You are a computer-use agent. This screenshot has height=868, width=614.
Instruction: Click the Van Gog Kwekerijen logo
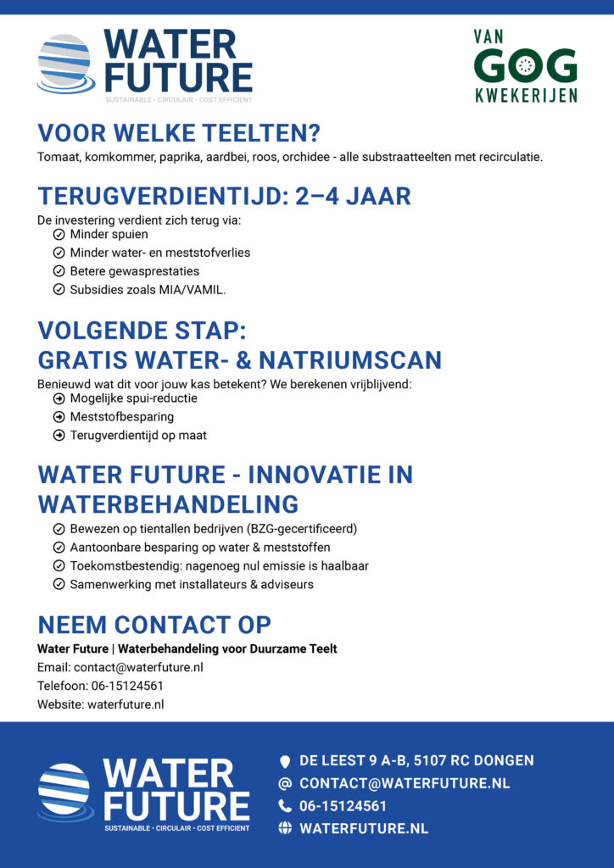pyautogui.click(x=525, y=66)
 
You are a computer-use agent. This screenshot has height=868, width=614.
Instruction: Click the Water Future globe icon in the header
pyautogui.click(x=64, y=63)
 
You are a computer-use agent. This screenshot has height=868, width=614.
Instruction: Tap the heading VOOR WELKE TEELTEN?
pyautogui.click(x=178, y=134)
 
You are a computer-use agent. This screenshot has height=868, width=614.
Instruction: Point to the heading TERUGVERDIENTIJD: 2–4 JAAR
pyautogui.click(x=224, y=197)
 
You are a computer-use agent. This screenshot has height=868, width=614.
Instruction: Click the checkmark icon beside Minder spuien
pyautogui.click(x=59, y=234)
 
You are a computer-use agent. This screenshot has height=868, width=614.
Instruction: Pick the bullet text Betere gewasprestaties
pyautogui.click(x=135, y=271)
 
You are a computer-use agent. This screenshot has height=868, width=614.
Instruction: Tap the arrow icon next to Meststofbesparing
pyautogui.click(x=59, y=417)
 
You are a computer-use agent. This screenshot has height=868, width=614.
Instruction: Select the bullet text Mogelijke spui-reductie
pyautogui.click(x=133, y=398)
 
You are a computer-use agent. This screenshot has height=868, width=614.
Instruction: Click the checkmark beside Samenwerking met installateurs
pyautogui.click(x=59, y=585)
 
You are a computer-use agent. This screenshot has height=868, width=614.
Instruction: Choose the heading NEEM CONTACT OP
pyautogui.click(x=154, y=626)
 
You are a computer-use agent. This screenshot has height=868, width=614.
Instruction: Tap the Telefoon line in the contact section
pyautogui.click(x=100, y=686)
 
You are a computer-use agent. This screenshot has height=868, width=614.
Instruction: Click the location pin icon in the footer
pyautogui.click(x=285, y=761)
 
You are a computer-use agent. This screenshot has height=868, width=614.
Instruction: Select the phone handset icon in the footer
pyautogui.click(x=285, y=806)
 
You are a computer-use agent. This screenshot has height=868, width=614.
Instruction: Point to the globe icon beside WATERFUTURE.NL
pyautogui.click(x=285, y=828)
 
